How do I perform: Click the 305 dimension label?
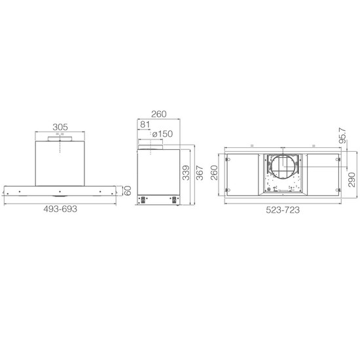pyautogui.click(x=60, y=127)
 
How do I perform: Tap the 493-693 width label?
pyautogui.click(x=60, y=209)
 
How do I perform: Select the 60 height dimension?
pyautogui.click(x=128, y=190)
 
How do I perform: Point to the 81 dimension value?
pyautogui.click(x=145, y=124)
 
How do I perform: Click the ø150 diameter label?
pyautogui.click(x=162, y=134)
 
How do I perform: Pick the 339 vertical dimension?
pyautogui.click(x=186, y=173)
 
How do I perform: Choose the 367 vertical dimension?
pyautogui.click(x=200, y=173)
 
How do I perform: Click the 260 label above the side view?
pyautogui.click(x=159, y=114)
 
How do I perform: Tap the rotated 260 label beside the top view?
pyautogui.click(x=214, y=173)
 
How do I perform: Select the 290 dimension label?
pyautogui.click(x=351, y=180)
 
